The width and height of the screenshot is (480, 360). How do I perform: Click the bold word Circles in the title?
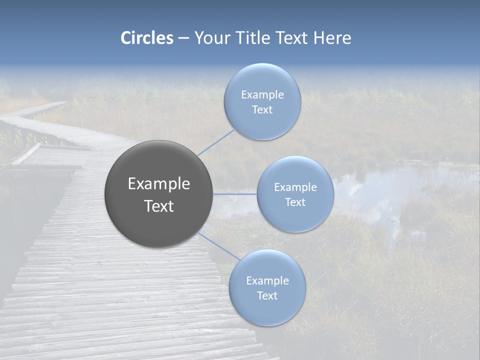tap(147, 38)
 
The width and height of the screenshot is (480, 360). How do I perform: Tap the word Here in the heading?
tap(332, 38)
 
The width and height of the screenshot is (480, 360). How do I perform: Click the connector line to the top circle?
tap(216, 142)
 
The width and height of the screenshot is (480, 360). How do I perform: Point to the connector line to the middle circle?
tap(235, 193)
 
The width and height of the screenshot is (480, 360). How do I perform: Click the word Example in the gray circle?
tap(158, 184)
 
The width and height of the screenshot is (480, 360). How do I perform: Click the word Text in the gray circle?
tap(158, 206)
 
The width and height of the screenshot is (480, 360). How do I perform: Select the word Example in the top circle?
tap(262, 95)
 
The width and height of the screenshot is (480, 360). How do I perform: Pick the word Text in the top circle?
tap(262, 110)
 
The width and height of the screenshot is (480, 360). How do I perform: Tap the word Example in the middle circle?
tap(295, 187)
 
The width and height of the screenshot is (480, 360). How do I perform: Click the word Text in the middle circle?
tap(295, 202)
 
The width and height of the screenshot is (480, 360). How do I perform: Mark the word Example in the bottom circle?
tap(267, 281)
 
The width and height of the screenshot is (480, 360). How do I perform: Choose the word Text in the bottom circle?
tap(267, 296)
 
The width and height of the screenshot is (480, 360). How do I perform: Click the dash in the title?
tap(183, 38)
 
